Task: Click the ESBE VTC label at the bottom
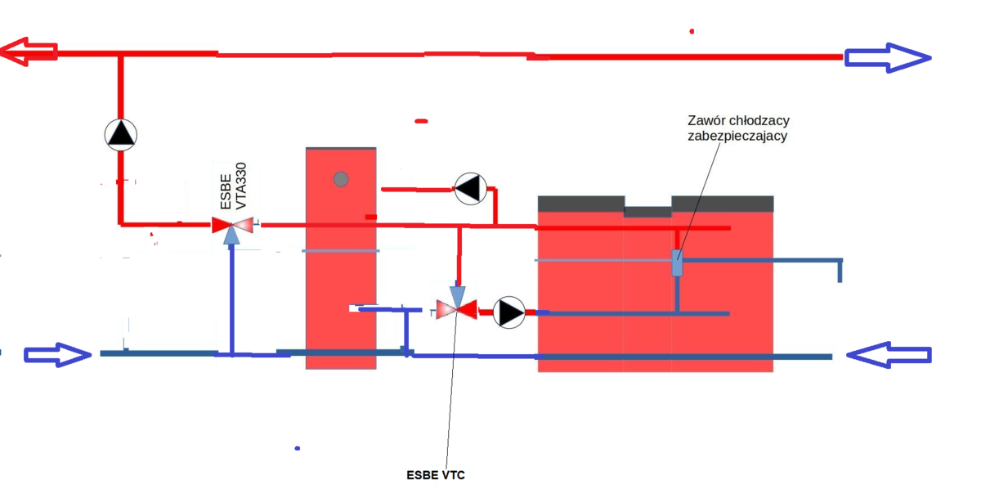[436, 474]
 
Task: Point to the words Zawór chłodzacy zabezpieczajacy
[737, 128]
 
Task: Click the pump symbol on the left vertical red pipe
[121, 134]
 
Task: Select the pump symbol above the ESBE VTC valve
[470, 189]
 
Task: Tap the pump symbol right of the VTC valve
[509, 312]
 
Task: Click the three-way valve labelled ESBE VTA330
[232, 225]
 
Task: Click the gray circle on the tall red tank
[341, 179]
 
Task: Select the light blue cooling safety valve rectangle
[677, 263]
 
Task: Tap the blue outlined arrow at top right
[888, 57]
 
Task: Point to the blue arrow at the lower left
[57, 354]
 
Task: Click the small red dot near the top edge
[692, 31]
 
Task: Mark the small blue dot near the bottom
[298, 448]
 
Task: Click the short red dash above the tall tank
[421, 121]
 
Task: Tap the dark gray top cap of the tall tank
[341, 149]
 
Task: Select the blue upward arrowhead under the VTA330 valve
[232, 236]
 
